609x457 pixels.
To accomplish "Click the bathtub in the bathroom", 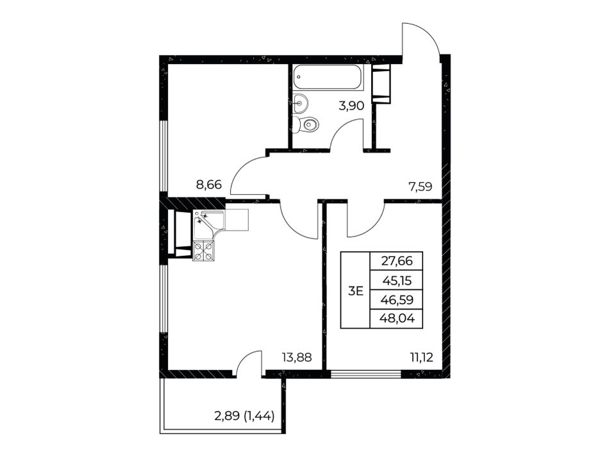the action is pos(328,78).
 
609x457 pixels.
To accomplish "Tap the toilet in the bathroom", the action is pos(306,124).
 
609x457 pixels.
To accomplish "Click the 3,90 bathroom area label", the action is pos(351,106).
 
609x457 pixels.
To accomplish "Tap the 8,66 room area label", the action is pos(209,184).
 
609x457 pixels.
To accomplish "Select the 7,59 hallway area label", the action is pos(421,187).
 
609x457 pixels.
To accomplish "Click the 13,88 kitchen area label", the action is pos(297,357).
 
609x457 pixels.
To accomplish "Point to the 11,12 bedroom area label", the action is pos(421,357).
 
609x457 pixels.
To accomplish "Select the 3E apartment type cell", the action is pos(355,290).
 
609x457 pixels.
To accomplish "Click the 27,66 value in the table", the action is pos(397,261).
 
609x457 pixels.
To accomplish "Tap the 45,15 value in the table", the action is pos(397,280).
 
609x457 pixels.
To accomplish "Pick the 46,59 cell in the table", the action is pos(397,299).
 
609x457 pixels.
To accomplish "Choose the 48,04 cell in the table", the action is pos(397,319).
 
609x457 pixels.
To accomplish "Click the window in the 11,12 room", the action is pos(366,374).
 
